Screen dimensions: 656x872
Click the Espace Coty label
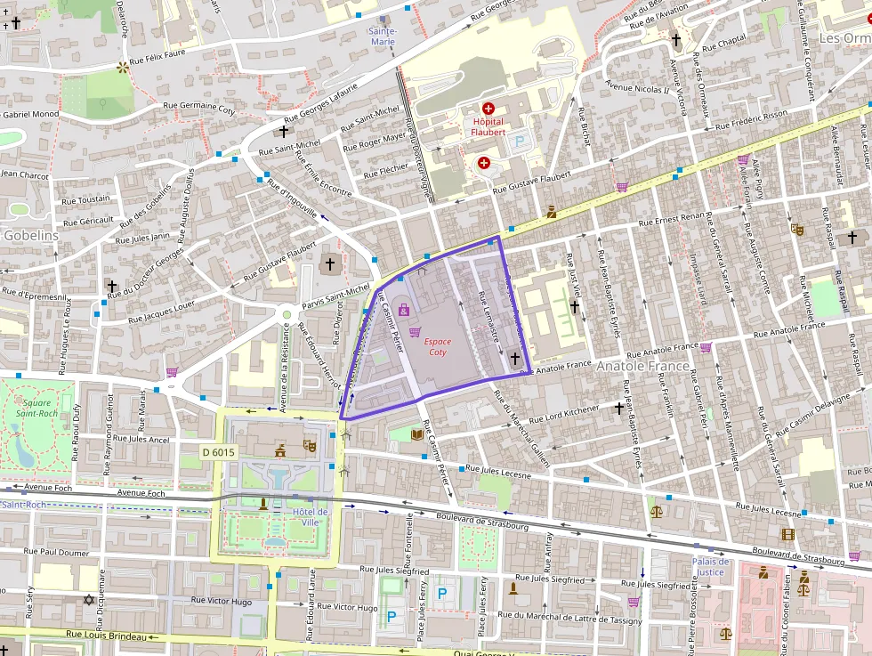click(x=437, y=346)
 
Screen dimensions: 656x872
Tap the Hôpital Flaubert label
click(x=487, y=126)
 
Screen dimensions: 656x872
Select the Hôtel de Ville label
click(x=311, y=516)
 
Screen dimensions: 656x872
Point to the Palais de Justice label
click(x=711, y=566)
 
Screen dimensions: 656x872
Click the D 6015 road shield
click(x=218, y=452)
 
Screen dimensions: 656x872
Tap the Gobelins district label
click(x=31, y=236)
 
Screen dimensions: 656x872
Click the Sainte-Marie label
click(x=383, y=36)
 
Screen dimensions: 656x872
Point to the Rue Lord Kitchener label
click(x=564, y=414)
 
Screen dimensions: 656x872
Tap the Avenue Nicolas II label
click(x=636, y=88)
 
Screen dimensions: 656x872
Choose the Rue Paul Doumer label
click(x=57, y=552)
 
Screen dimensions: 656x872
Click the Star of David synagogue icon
click(x=88, y=599)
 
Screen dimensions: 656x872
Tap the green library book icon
click(x=418, y=433)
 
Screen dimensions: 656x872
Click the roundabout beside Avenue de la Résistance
click(x=287, y=313)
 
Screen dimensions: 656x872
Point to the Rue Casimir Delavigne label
click(x=820, y=414)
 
